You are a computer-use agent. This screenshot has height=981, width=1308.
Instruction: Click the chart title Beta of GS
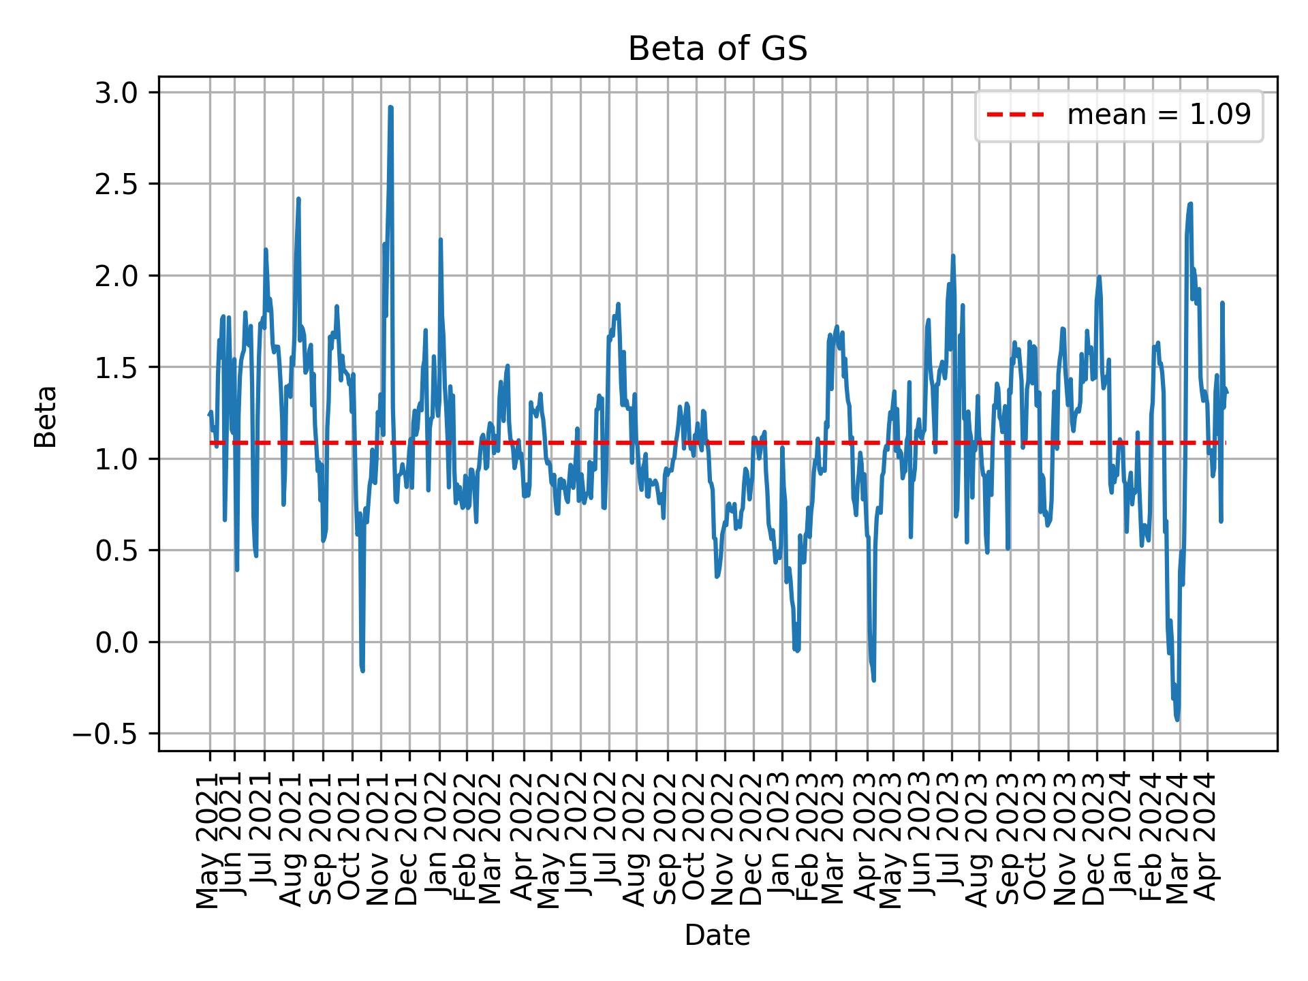coord(717,50)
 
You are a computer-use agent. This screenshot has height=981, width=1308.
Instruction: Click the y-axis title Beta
coord(46,416)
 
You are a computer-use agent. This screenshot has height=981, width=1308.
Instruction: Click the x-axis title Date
coord(717,936)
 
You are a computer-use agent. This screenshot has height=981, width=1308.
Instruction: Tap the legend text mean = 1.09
coord(1159,115)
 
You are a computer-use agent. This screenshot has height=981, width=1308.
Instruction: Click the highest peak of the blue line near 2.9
coord(390,108)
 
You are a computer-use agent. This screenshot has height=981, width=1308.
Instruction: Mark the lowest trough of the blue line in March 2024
coord(1177,719)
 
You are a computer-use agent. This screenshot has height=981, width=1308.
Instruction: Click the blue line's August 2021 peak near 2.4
coord(298,200)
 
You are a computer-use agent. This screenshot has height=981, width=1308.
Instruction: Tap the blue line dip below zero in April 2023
coord(873,679)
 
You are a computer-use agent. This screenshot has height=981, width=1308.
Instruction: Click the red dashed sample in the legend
coord(1015,115)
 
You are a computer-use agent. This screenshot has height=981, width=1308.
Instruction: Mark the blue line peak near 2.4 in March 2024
coord(1190,204)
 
